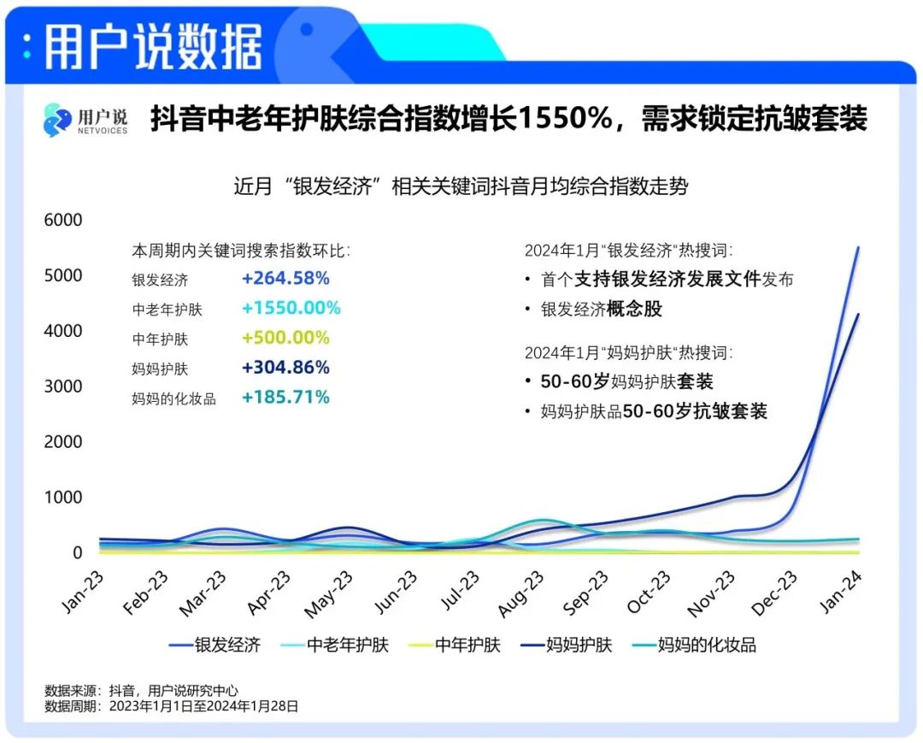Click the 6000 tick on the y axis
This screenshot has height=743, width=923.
click(63, 220)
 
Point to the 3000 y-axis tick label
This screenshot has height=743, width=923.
click(63, 386)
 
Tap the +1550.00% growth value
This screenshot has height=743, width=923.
click(291, 308)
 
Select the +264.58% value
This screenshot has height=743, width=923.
click(285, 279)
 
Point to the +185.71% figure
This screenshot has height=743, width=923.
click(285, 397)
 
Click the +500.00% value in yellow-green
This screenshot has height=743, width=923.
click(285, 338)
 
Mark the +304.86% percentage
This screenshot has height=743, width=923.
click(285, 368)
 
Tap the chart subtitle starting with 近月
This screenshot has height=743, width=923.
click(461, 186)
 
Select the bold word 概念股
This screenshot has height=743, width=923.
click(634, 309)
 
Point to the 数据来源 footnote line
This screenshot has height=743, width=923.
click(141, 690)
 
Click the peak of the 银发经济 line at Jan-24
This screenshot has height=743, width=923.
click(858, 247)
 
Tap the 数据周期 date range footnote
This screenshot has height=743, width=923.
click(171, 706)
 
